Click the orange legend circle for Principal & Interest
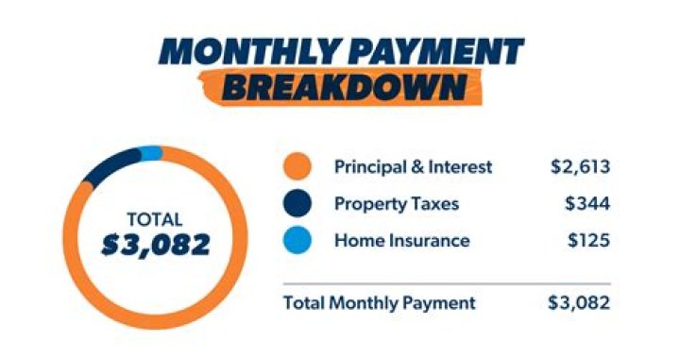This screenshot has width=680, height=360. coord(297,168)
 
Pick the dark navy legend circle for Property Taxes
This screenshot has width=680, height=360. coord(297,204)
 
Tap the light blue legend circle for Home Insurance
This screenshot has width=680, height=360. coord(297,241)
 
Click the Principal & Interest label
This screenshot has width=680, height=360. coord(413,167)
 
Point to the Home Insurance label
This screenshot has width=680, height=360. coord(401,240)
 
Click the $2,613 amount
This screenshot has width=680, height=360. coord(580,168)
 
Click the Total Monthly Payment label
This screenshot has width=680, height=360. coord(380,303)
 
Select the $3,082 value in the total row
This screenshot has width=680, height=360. coord(579,303)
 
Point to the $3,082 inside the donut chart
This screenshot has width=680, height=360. coord(156,245)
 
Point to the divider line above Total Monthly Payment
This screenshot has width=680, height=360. coord(446,283)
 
